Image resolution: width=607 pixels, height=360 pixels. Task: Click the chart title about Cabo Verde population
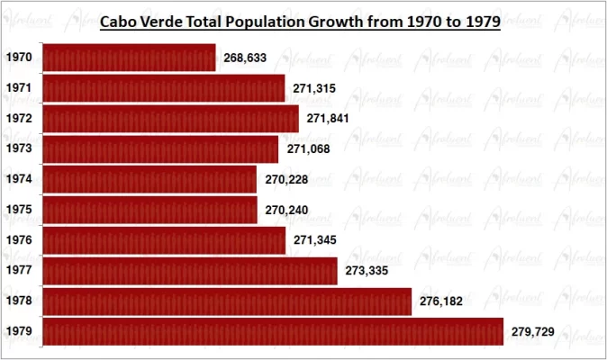tap(299, 22)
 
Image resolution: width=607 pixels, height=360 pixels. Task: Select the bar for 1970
tap(130, 58)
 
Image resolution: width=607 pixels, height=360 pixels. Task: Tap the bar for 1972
tap(171, 119)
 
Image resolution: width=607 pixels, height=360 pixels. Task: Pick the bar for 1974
tap(149, 179)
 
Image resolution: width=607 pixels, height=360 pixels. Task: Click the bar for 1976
tap(164, 240)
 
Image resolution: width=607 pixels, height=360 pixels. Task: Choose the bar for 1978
tap(227, 301)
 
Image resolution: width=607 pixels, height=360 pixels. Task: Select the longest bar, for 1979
tap(273, 332)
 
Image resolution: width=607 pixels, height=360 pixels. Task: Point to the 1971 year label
tap(19, 88)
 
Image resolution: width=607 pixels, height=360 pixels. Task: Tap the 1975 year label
tap(19, 210)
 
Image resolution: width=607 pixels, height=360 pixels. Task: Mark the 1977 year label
tap(19, 271)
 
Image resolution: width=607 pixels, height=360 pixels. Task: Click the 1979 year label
tap(19, 332)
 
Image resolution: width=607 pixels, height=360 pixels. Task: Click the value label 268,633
tap(245, 58)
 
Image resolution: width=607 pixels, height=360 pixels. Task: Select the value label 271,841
tap(328, 119)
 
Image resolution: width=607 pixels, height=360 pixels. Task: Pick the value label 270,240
tap(286, 210)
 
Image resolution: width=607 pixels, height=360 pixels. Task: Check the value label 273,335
tap(367, 271)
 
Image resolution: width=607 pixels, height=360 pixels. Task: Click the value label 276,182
tap(440, 301)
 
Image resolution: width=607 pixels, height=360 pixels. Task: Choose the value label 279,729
tap(532, 332)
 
